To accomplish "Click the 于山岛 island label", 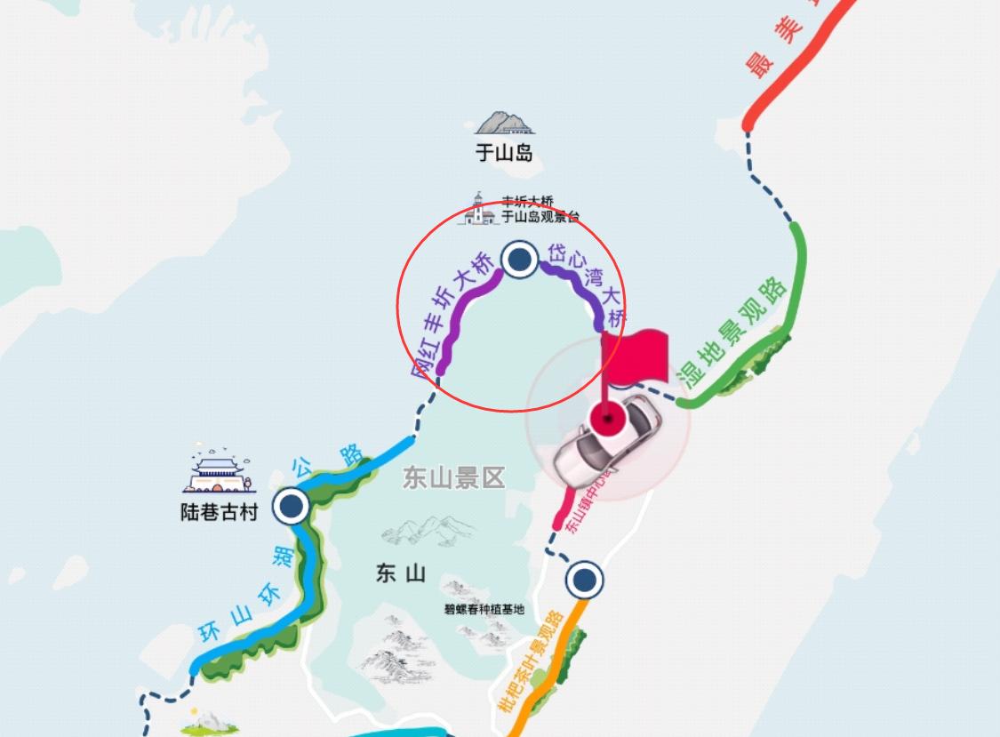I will click(503, 153).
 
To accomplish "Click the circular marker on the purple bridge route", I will click(519, 260).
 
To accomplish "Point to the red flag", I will click(638, 356).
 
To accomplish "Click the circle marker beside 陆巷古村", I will click(290, 507).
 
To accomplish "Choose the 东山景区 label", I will click(453, 478).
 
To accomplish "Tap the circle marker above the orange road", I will click(584, 580).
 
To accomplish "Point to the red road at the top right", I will click(800, 62).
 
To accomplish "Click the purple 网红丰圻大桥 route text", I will click(453, 316).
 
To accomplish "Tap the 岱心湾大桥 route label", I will click(588, 281).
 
